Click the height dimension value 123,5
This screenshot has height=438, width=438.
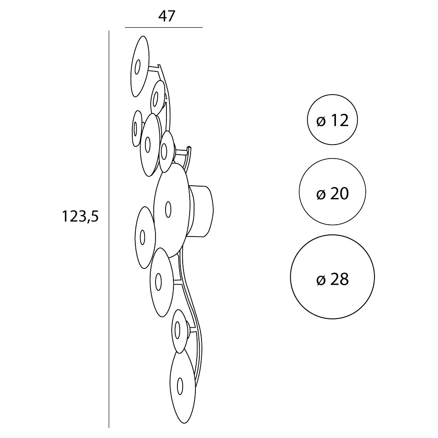click(x=80, y=216)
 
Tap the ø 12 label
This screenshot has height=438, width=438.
click(x=332, y=121)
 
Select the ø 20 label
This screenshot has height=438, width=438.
click(x=332, y=194)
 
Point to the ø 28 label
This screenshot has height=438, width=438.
click(x=332, y=279)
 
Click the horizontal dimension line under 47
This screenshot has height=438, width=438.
click(x=164, y=27)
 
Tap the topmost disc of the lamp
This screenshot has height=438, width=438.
click(x=140, y=67)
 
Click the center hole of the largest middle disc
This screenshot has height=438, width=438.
click(x=168, y=209)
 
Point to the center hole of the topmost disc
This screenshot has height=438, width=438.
click(x=137, y=67)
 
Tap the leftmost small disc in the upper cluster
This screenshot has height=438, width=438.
click(x=137, y=128)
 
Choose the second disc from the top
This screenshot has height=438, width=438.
click(x=158, y=98)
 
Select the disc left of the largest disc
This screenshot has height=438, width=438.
click(x=145, y=237)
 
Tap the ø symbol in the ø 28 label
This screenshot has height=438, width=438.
click(x=321, y=279)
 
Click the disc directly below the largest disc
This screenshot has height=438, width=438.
click(x=162, y=282)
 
